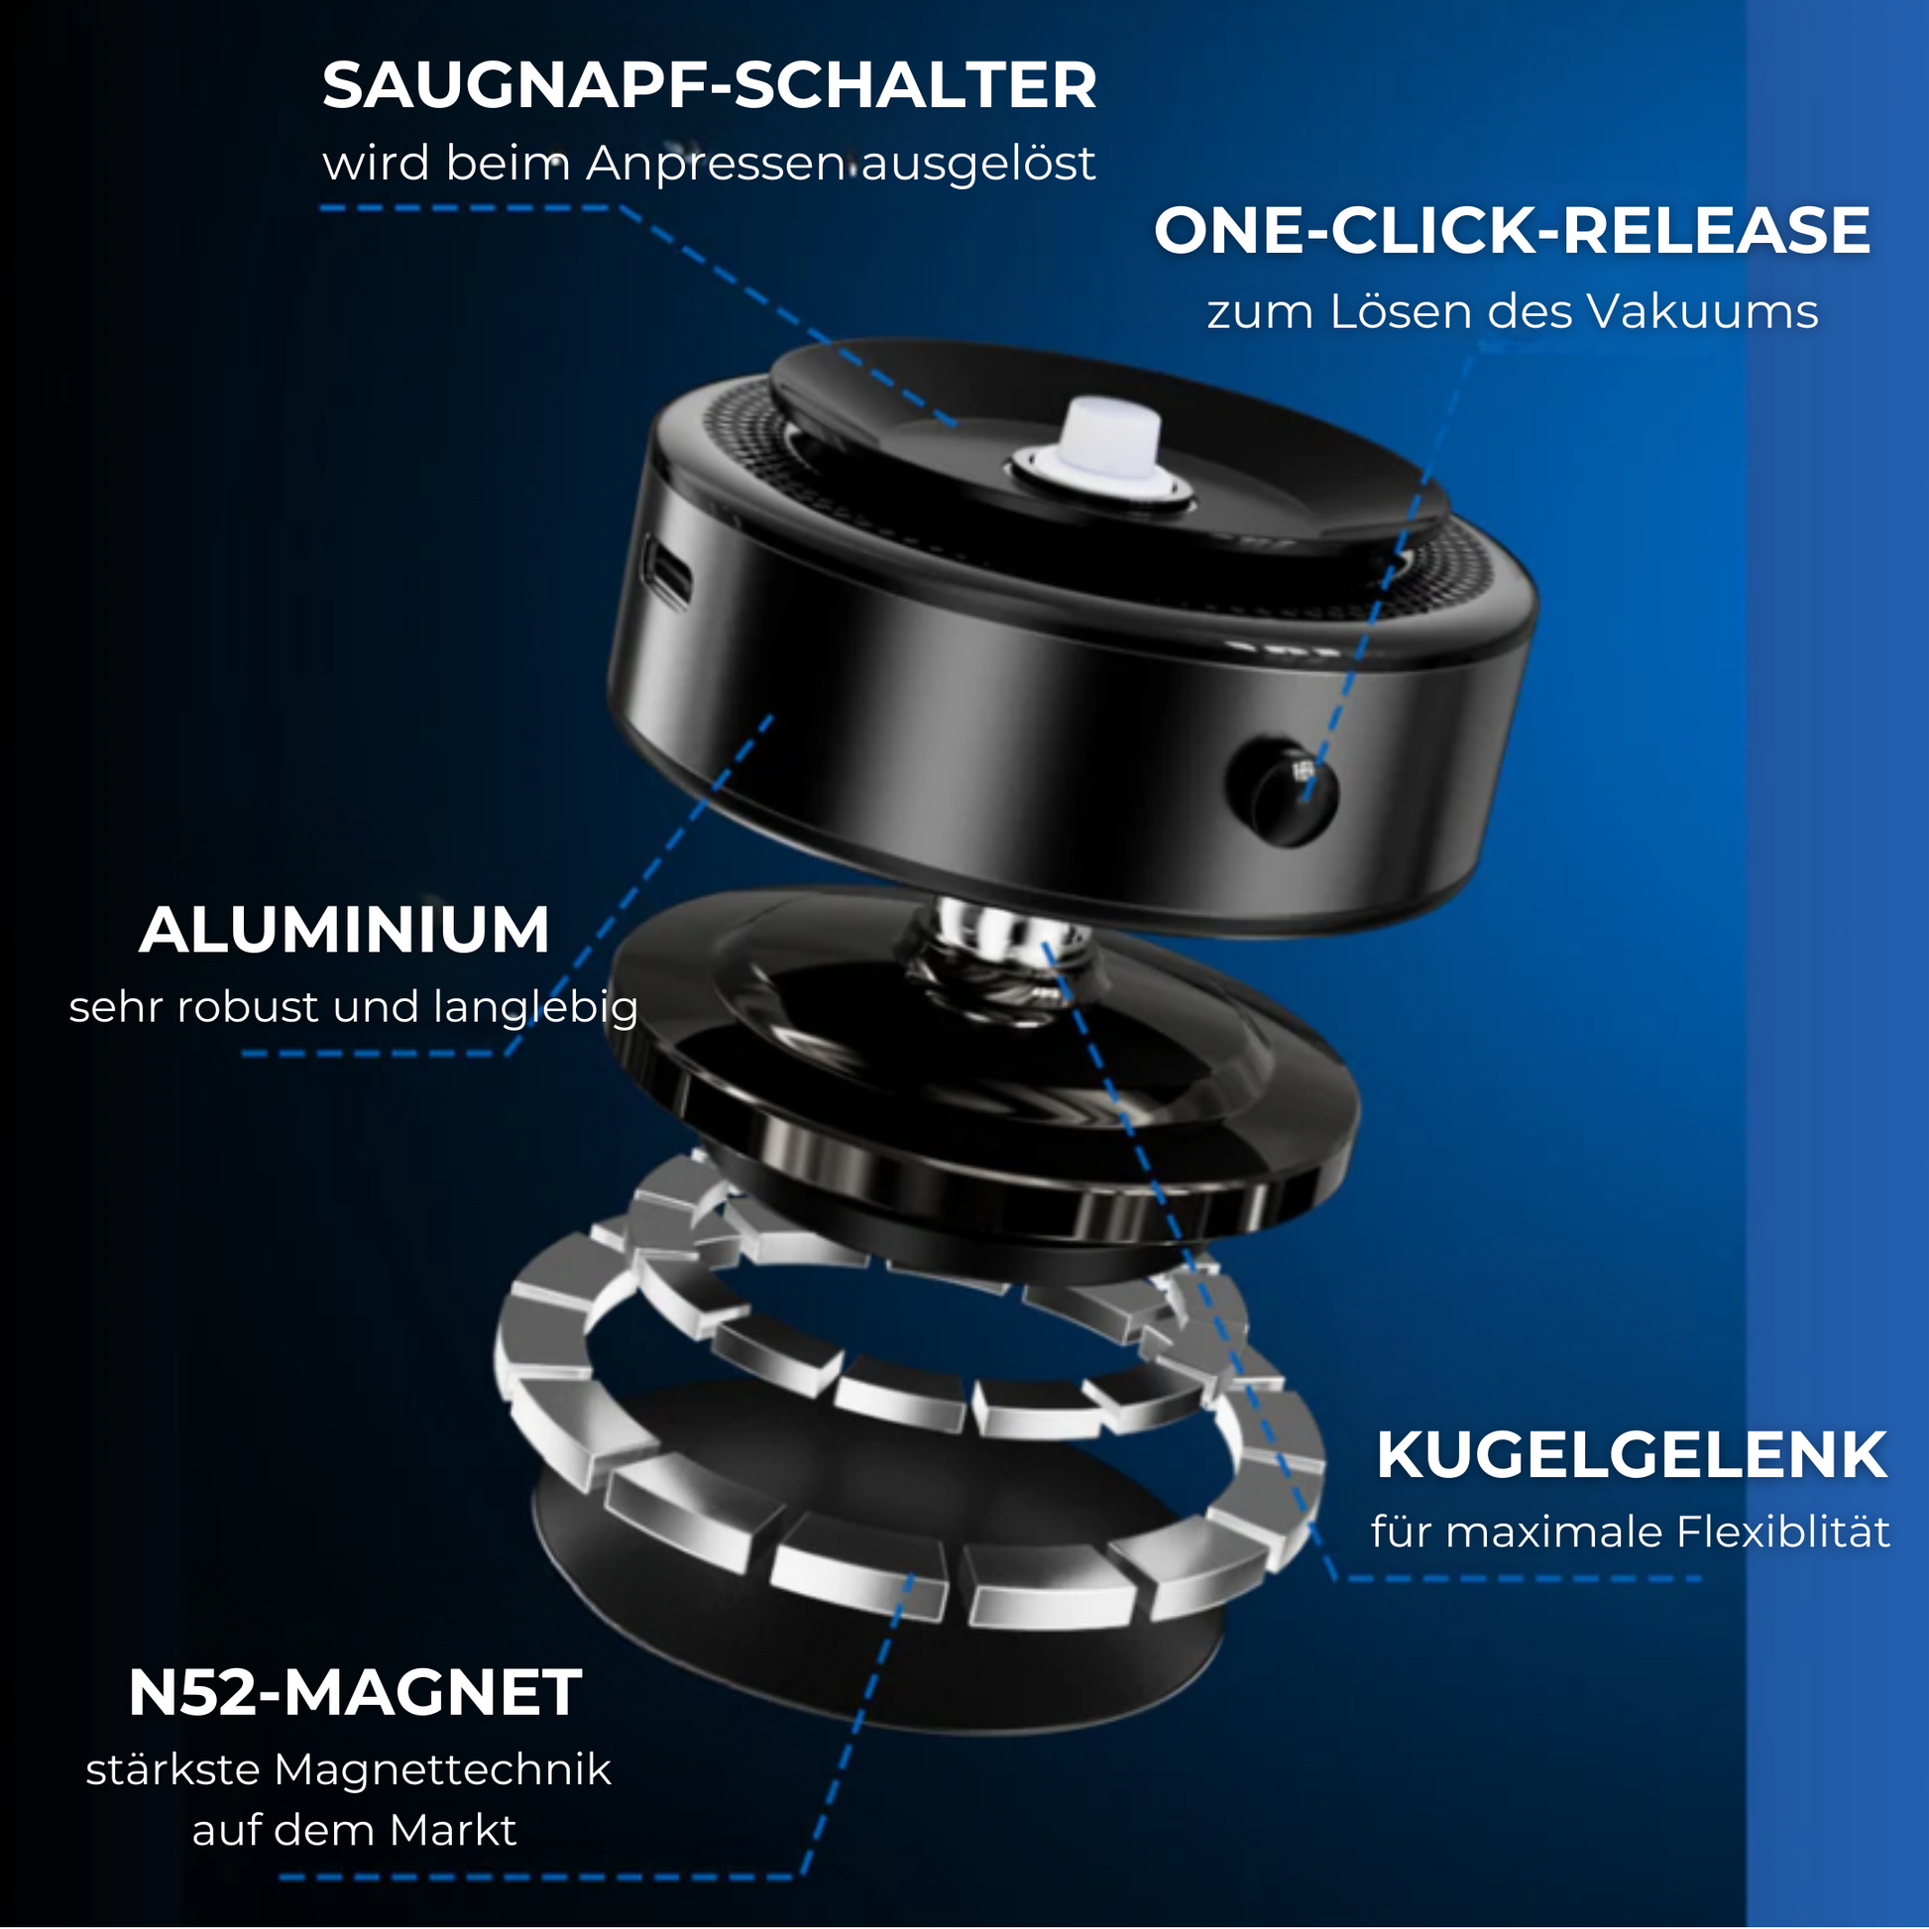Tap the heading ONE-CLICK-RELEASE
pos(1512,231)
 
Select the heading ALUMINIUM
pos(345,930)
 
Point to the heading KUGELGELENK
pos(1632,1455)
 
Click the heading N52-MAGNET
pos(355,1691)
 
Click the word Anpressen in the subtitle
pos(716,165)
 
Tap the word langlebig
pos(535,1007)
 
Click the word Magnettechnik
pos(442,1769)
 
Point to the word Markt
pos(452,1830)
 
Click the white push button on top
pos(1103,438)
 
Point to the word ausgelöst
pos(978,165)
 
